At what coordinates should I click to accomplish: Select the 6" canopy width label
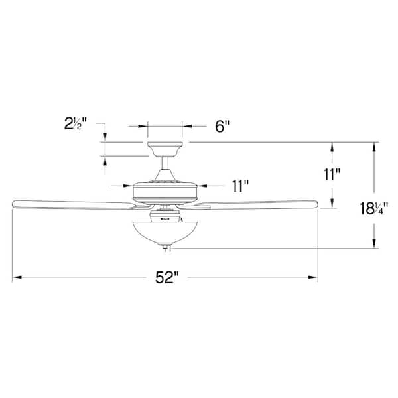pos(222,126)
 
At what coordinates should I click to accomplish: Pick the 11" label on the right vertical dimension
pos(332,175)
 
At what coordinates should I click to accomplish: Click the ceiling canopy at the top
pos(165,147)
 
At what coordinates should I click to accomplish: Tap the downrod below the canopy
pos(165,165)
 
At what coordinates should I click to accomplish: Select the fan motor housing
pos(165,190)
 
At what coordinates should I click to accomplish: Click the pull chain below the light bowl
pos(166,248)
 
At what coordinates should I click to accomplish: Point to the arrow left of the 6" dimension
pos(142,125)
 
